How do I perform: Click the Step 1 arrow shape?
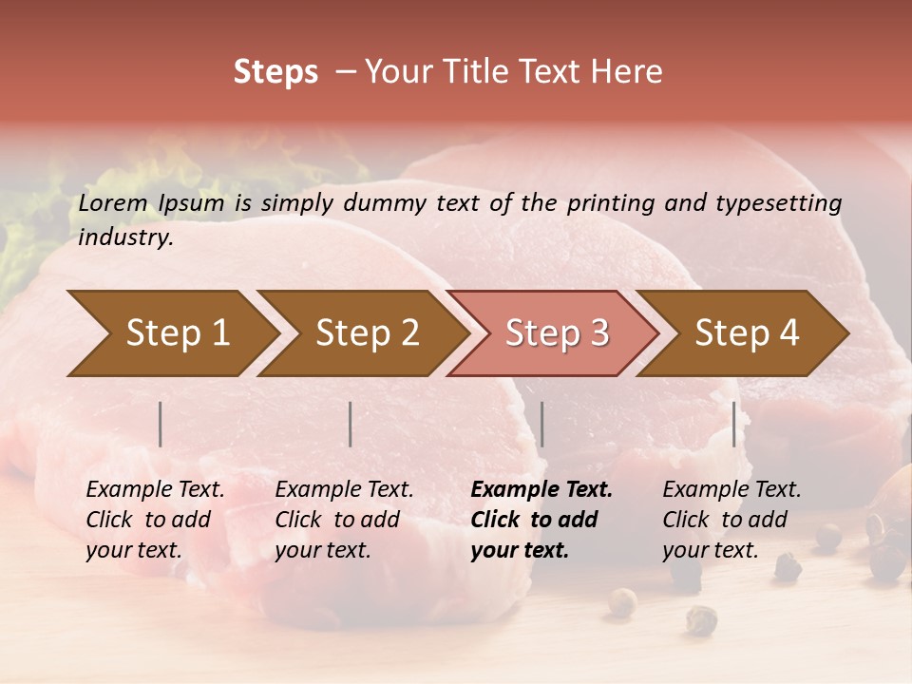click(x=171, y=333)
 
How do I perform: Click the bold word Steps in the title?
click(x=275, y=72)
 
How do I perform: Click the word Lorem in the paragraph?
click(x=112, y=202)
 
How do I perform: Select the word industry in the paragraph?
click(x=124, y=237)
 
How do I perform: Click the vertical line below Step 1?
click(x=161, y=424)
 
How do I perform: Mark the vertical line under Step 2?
click(x=351, y=424)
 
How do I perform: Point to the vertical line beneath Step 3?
click(x=541, y=424)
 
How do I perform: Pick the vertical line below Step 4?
click(x=733, y=424)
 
